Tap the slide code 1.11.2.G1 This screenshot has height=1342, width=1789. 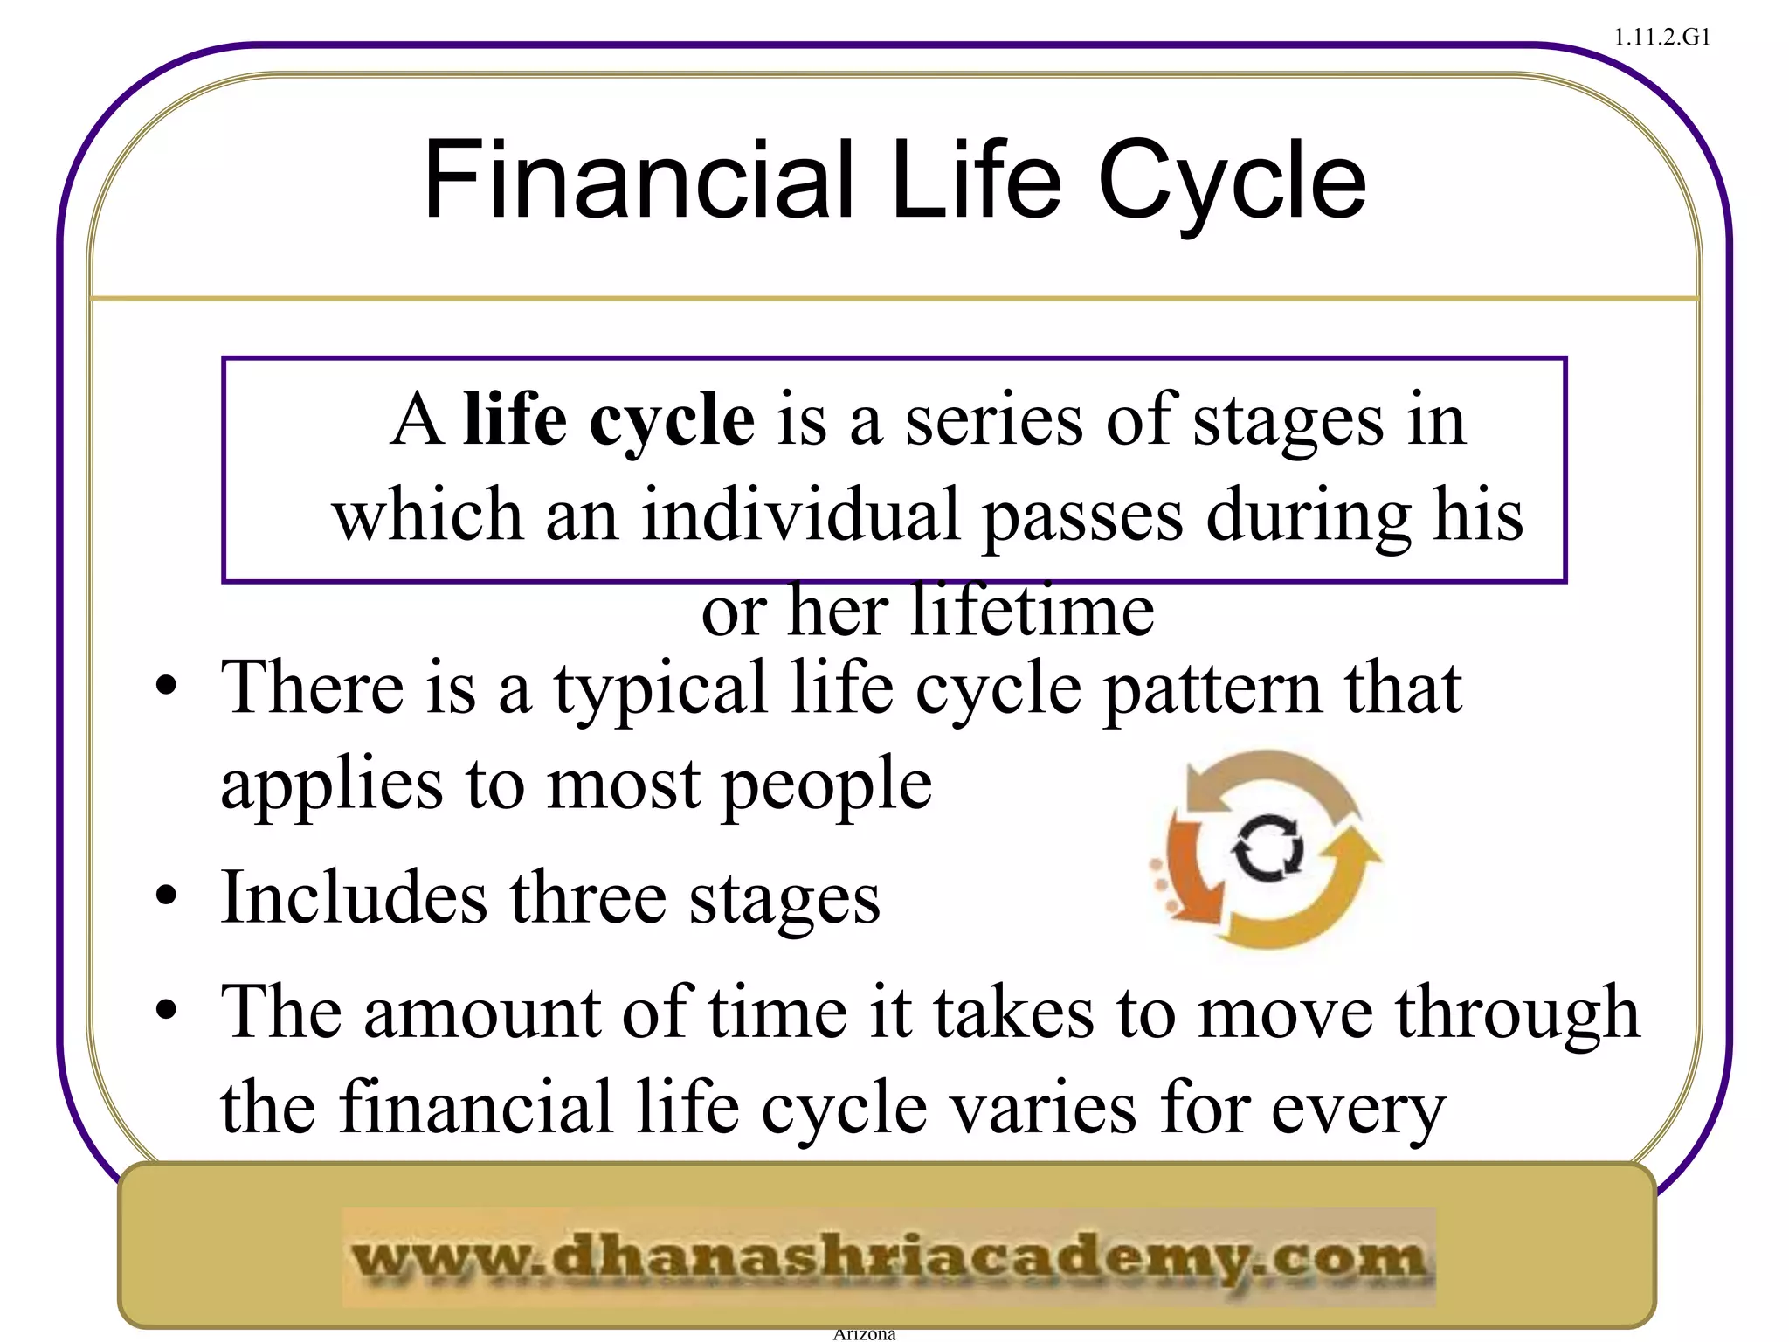click(x=1661, y=38)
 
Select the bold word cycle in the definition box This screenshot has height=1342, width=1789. click(x=672, y=421)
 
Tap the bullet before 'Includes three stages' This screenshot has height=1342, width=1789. click(x=166, y=896)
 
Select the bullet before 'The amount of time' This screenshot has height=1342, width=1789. click(x=166, y=1011)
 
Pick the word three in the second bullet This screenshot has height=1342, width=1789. click(x=589, y=897)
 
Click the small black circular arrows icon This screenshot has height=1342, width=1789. click(x=1268, y=847)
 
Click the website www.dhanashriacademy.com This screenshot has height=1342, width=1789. click(x=888, y=1258)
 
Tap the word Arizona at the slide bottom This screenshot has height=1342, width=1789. click(x=864, y=1334)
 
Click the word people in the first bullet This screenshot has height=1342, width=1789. click(x=827, y=785)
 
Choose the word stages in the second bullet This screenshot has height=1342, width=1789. click(x=784, y=899)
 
